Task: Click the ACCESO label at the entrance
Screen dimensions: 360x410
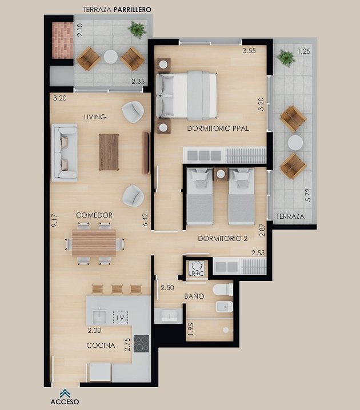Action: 65,401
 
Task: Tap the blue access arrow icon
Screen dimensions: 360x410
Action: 65,393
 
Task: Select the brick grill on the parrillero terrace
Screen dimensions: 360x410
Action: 62,41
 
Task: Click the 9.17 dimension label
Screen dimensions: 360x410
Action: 54,220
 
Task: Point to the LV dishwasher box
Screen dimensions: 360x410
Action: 121,317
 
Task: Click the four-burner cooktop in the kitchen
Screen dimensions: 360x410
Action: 141,344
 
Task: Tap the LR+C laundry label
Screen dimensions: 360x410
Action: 196,274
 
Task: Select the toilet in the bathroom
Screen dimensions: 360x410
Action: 223,290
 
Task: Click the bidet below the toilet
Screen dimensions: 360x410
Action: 224,307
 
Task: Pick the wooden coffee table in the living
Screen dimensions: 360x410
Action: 109,152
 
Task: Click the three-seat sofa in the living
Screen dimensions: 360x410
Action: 65,152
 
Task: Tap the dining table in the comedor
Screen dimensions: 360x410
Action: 94,243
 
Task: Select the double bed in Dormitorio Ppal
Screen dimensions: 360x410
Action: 186,95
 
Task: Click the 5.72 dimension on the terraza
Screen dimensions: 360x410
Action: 308,195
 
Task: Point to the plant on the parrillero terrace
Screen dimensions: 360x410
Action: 137,30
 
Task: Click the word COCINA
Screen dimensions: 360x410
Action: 101,345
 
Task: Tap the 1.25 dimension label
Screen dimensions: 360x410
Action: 304,51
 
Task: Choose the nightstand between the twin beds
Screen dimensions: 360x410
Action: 221,174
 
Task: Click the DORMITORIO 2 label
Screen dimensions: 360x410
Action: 223,239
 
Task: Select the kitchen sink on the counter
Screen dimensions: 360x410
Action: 99,317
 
